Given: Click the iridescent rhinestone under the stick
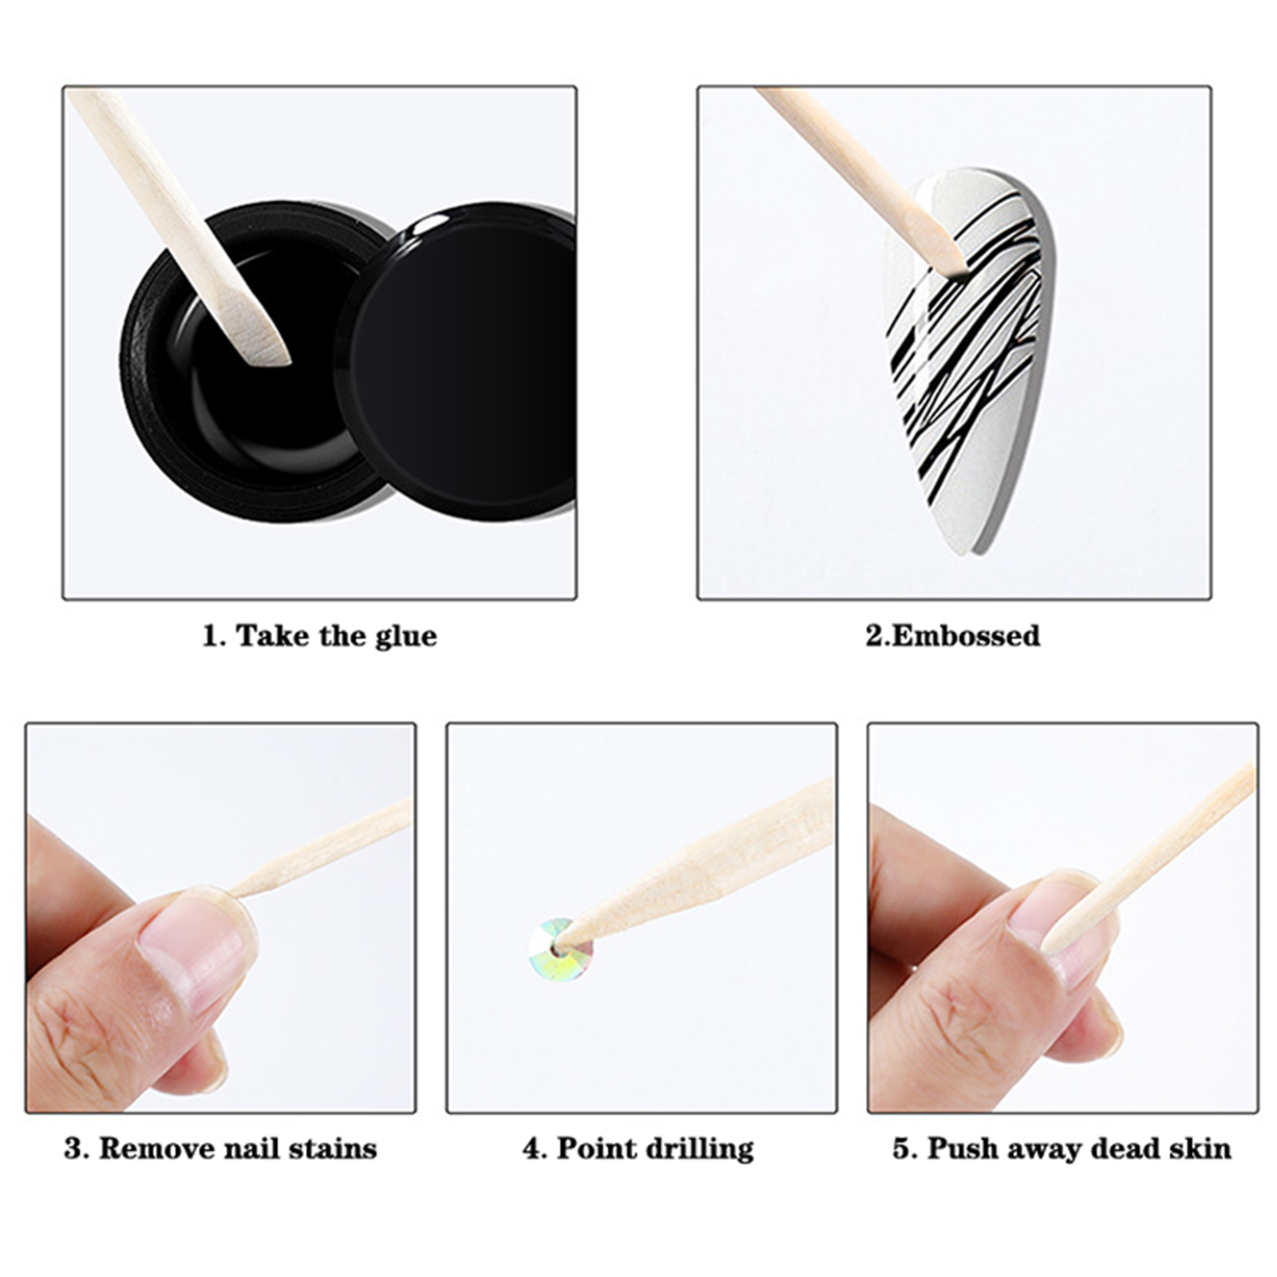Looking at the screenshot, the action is click(561, 949).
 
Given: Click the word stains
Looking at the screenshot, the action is click(332, 1149).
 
